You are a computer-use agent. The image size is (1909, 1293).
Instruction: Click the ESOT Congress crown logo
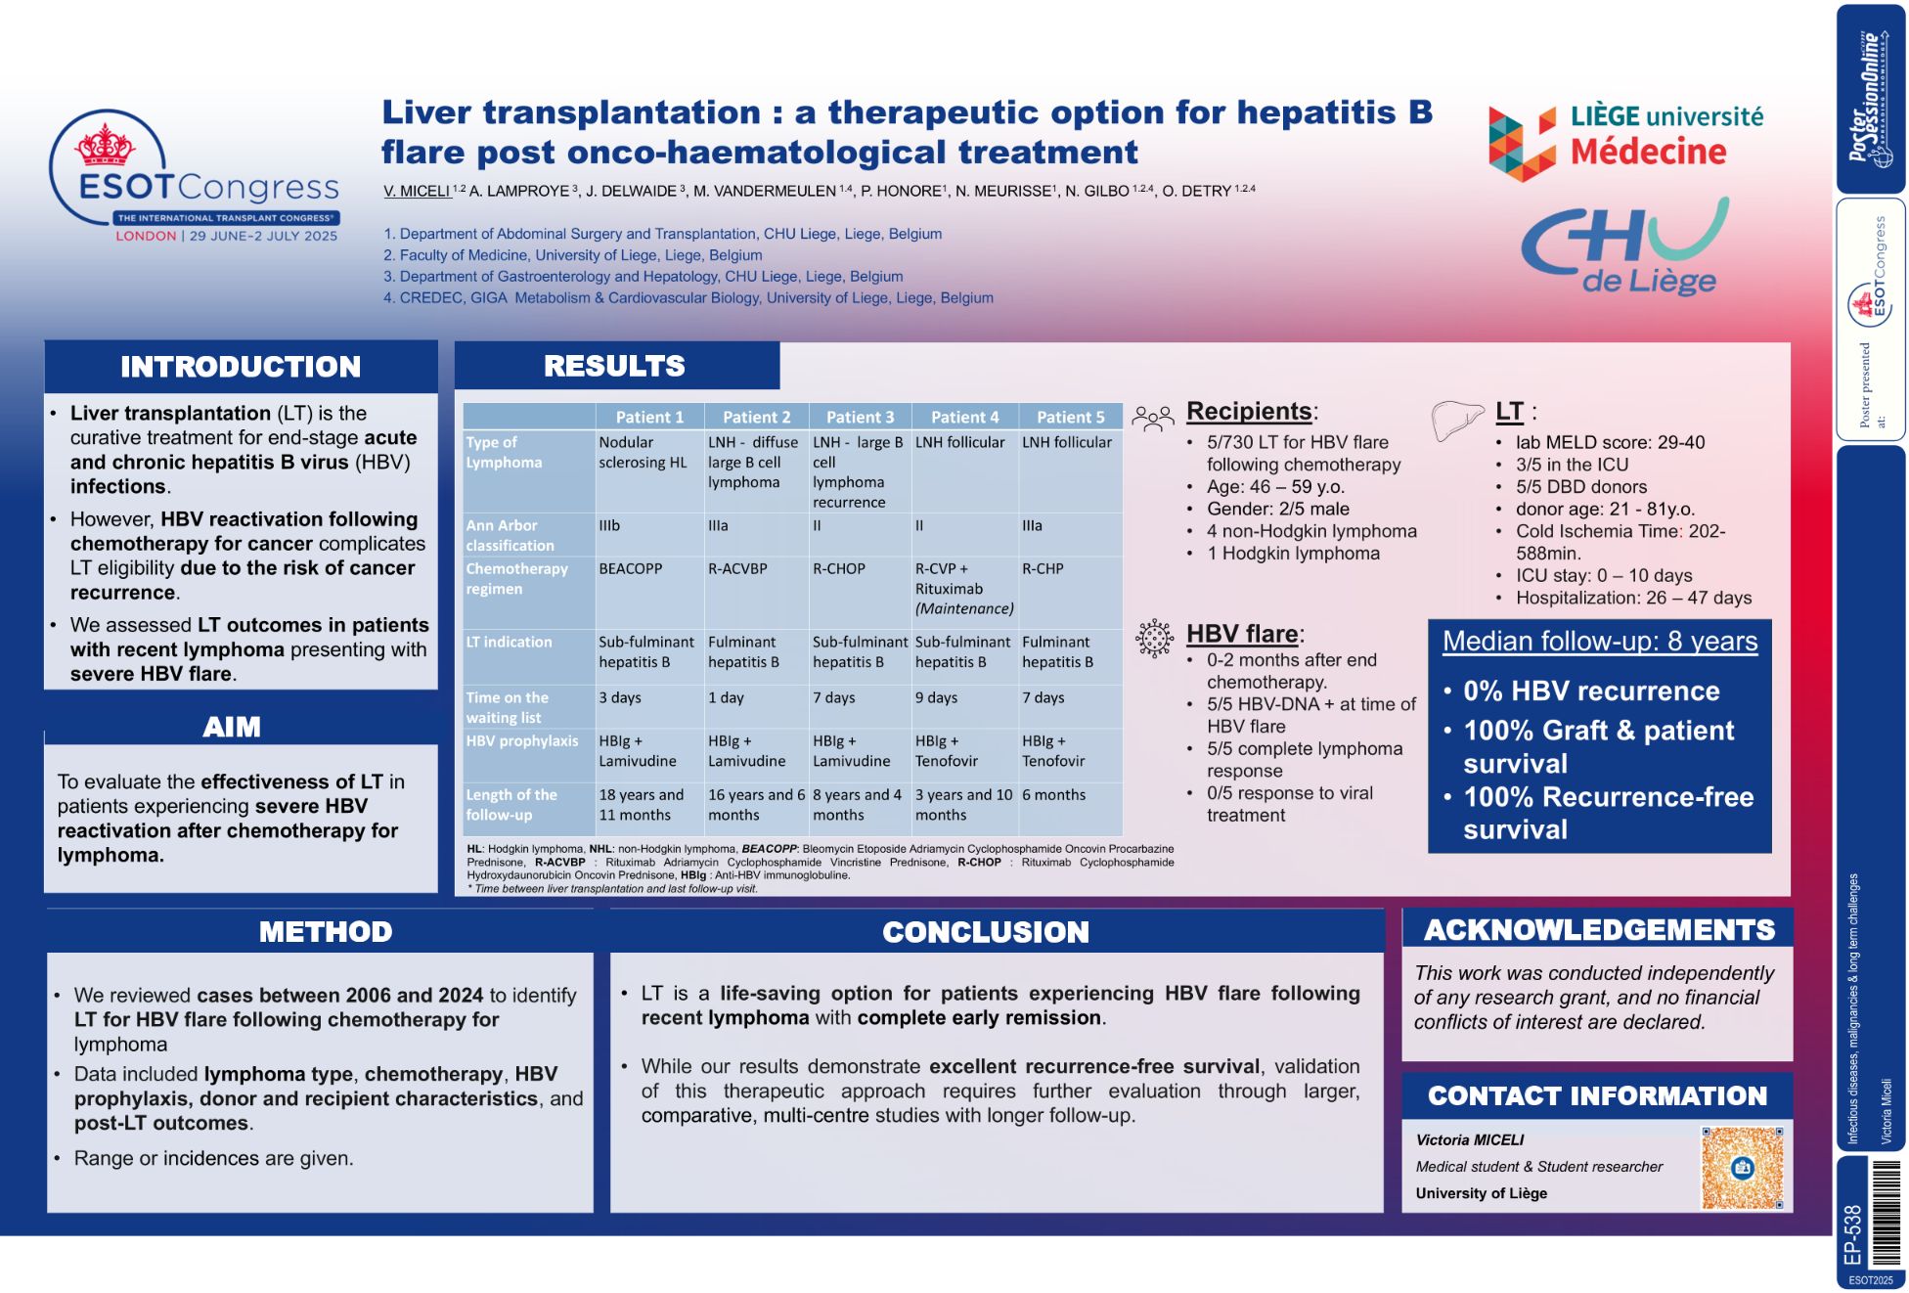[106, 147]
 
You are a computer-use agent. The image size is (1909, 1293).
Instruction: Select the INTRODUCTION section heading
[241, 367]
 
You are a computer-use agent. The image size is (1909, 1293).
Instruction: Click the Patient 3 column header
[860, 417]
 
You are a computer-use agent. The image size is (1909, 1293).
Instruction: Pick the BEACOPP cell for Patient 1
[631, 568]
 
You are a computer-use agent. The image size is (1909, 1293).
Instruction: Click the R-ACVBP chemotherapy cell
[737, 568]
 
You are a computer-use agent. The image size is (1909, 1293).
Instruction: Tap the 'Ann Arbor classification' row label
[511, 535]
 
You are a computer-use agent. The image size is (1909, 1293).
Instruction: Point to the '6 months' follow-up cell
[1054, 795]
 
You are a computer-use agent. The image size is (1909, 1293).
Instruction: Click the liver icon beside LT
[1457, 421]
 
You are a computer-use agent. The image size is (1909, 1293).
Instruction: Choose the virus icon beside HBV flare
[1154, 638]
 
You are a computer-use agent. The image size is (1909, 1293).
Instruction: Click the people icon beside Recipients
[1153, 419]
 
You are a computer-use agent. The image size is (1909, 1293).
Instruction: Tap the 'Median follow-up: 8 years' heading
[1600, 642]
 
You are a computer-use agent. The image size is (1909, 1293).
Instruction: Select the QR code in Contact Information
[1742, 1167]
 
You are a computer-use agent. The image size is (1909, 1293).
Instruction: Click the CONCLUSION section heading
[986, 932]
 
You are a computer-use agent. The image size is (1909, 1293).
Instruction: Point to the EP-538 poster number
[1852, 1234]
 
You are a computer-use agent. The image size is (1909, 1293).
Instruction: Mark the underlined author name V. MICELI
[418, 191]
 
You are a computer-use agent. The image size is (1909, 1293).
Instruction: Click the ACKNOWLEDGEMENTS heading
[1599, 929]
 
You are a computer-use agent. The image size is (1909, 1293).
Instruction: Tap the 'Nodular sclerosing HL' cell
[644, 452]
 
